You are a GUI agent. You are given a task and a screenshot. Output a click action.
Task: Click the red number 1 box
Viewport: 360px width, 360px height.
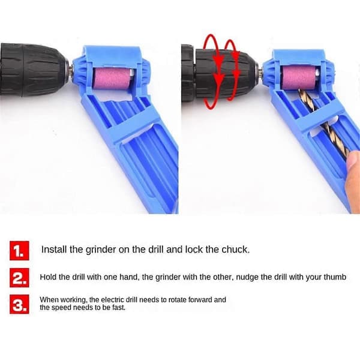click(19, 250)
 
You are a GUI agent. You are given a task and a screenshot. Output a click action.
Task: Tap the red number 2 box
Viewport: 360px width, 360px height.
click(19, 278)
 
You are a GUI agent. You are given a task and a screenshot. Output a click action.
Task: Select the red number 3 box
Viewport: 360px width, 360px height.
click(19, 304)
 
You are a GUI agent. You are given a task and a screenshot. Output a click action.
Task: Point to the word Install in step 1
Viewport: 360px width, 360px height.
click(54, 250)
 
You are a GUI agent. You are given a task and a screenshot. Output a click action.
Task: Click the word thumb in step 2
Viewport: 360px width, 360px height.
click(335, 277)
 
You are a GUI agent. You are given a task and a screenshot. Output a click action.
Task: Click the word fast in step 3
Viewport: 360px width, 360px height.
click(119, 307)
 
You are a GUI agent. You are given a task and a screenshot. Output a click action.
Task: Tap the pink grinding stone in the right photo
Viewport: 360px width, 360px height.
click(299, 78)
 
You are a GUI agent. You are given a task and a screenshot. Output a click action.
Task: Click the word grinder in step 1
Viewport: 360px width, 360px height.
click(101, 250)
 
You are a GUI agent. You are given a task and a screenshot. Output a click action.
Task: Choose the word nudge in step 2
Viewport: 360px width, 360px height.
click(248, 278)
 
